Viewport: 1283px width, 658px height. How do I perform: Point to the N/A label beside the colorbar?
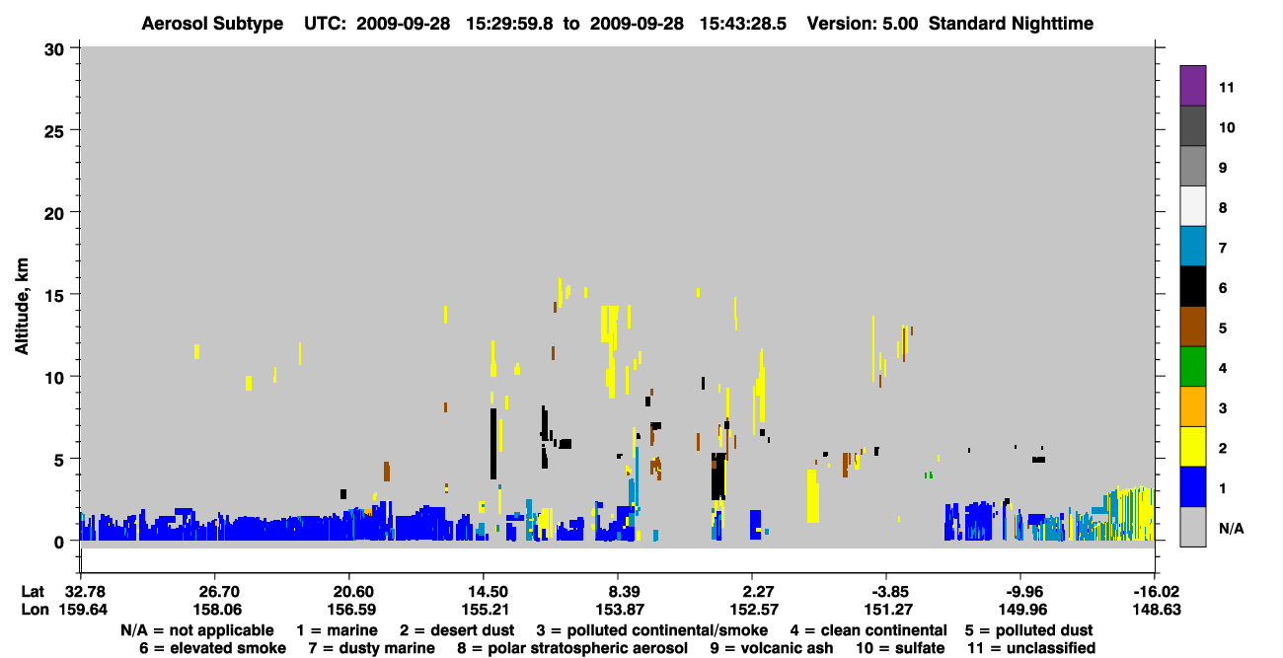click(x=1231, y=528)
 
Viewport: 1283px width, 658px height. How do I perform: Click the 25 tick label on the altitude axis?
click(x=54, y=132)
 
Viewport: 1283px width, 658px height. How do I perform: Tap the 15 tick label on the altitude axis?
click(x=54, y=296)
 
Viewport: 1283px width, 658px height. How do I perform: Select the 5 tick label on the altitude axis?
click(x=59, y=461)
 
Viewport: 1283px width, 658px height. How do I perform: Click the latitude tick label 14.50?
click(x=485, y=592)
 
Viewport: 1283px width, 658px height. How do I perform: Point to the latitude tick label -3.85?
click(x=886, y=592)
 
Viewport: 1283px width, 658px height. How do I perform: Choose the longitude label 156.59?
click(x=351, y=610)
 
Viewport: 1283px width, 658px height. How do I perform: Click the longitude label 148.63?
click(x=1157, y=610)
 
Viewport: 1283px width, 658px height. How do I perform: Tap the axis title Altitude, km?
click(x=22, y=307)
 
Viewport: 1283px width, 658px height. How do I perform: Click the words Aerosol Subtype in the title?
click(x=212, y=24)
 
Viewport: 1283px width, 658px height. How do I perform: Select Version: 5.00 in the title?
click(x=863, y=24)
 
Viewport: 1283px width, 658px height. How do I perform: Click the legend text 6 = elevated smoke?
click(x=212, y=648)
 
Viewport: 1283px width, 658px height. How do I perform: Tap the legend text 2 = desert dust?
click(x=457, y=630)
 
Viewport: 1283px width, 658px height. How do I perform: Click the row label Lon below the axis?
click(x=35, y=610)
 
